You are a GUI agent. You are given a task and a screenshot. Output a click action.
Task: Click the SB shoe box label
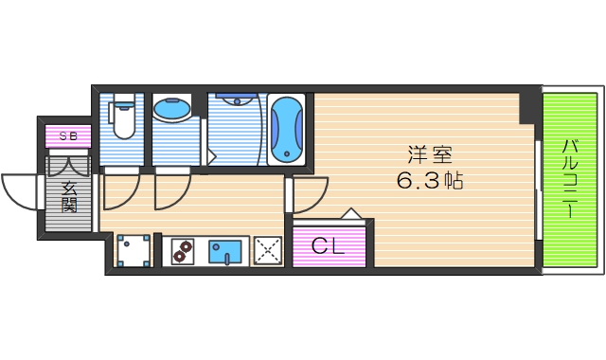pos(69,136)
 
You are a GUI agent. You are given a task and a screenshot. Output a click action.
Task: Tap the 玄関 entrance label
pos(69,194)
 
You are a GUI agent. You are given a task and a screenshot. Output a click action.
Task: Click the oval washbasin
pos(171,111)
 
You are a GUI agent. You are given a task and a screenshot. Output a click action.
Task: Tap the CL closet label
pos(328,247)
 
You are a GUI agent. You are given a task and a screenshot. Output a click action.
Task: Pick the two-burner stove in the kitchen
pos(182,251)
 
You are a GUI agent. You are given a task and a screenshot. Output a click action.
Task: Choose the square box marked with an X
pos(269,251)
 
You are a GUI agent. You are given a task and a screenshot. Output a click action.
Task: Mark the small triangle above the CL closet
pos(351,214)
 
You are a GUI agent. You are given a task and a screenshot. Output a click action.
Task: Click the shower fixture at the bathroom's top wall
pos(233,98)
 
